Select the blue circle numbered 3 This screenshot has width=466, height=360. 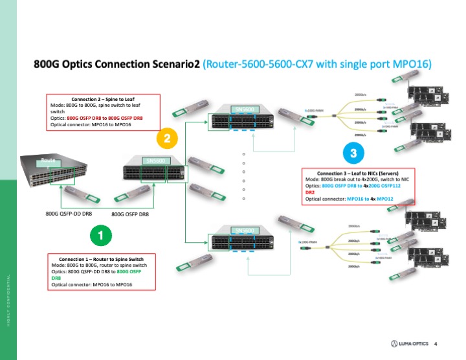coord(353,154)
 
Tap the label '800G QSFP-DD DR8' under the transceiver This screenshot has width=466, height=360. coord(72,212)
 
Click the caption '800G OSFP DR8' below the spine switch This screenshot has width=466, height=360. coord(135,213)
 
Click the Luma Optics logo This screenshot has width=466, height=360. coord(408,343)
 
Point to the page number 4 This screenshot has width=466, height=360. coord(436,343)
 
